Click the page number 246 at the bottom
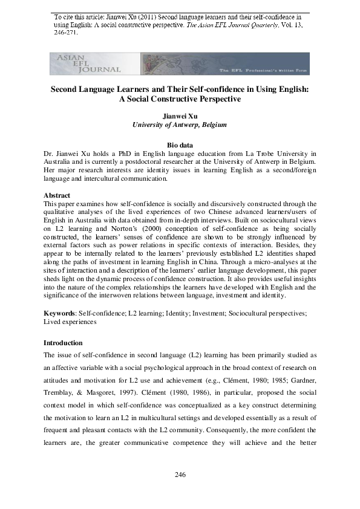click(180, 475)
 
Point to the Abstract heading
click(57, 195)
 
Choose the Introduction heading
click(65, 343)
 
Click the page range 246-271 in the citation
click(62, 34)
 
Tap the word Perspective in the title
click(215, 99)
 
